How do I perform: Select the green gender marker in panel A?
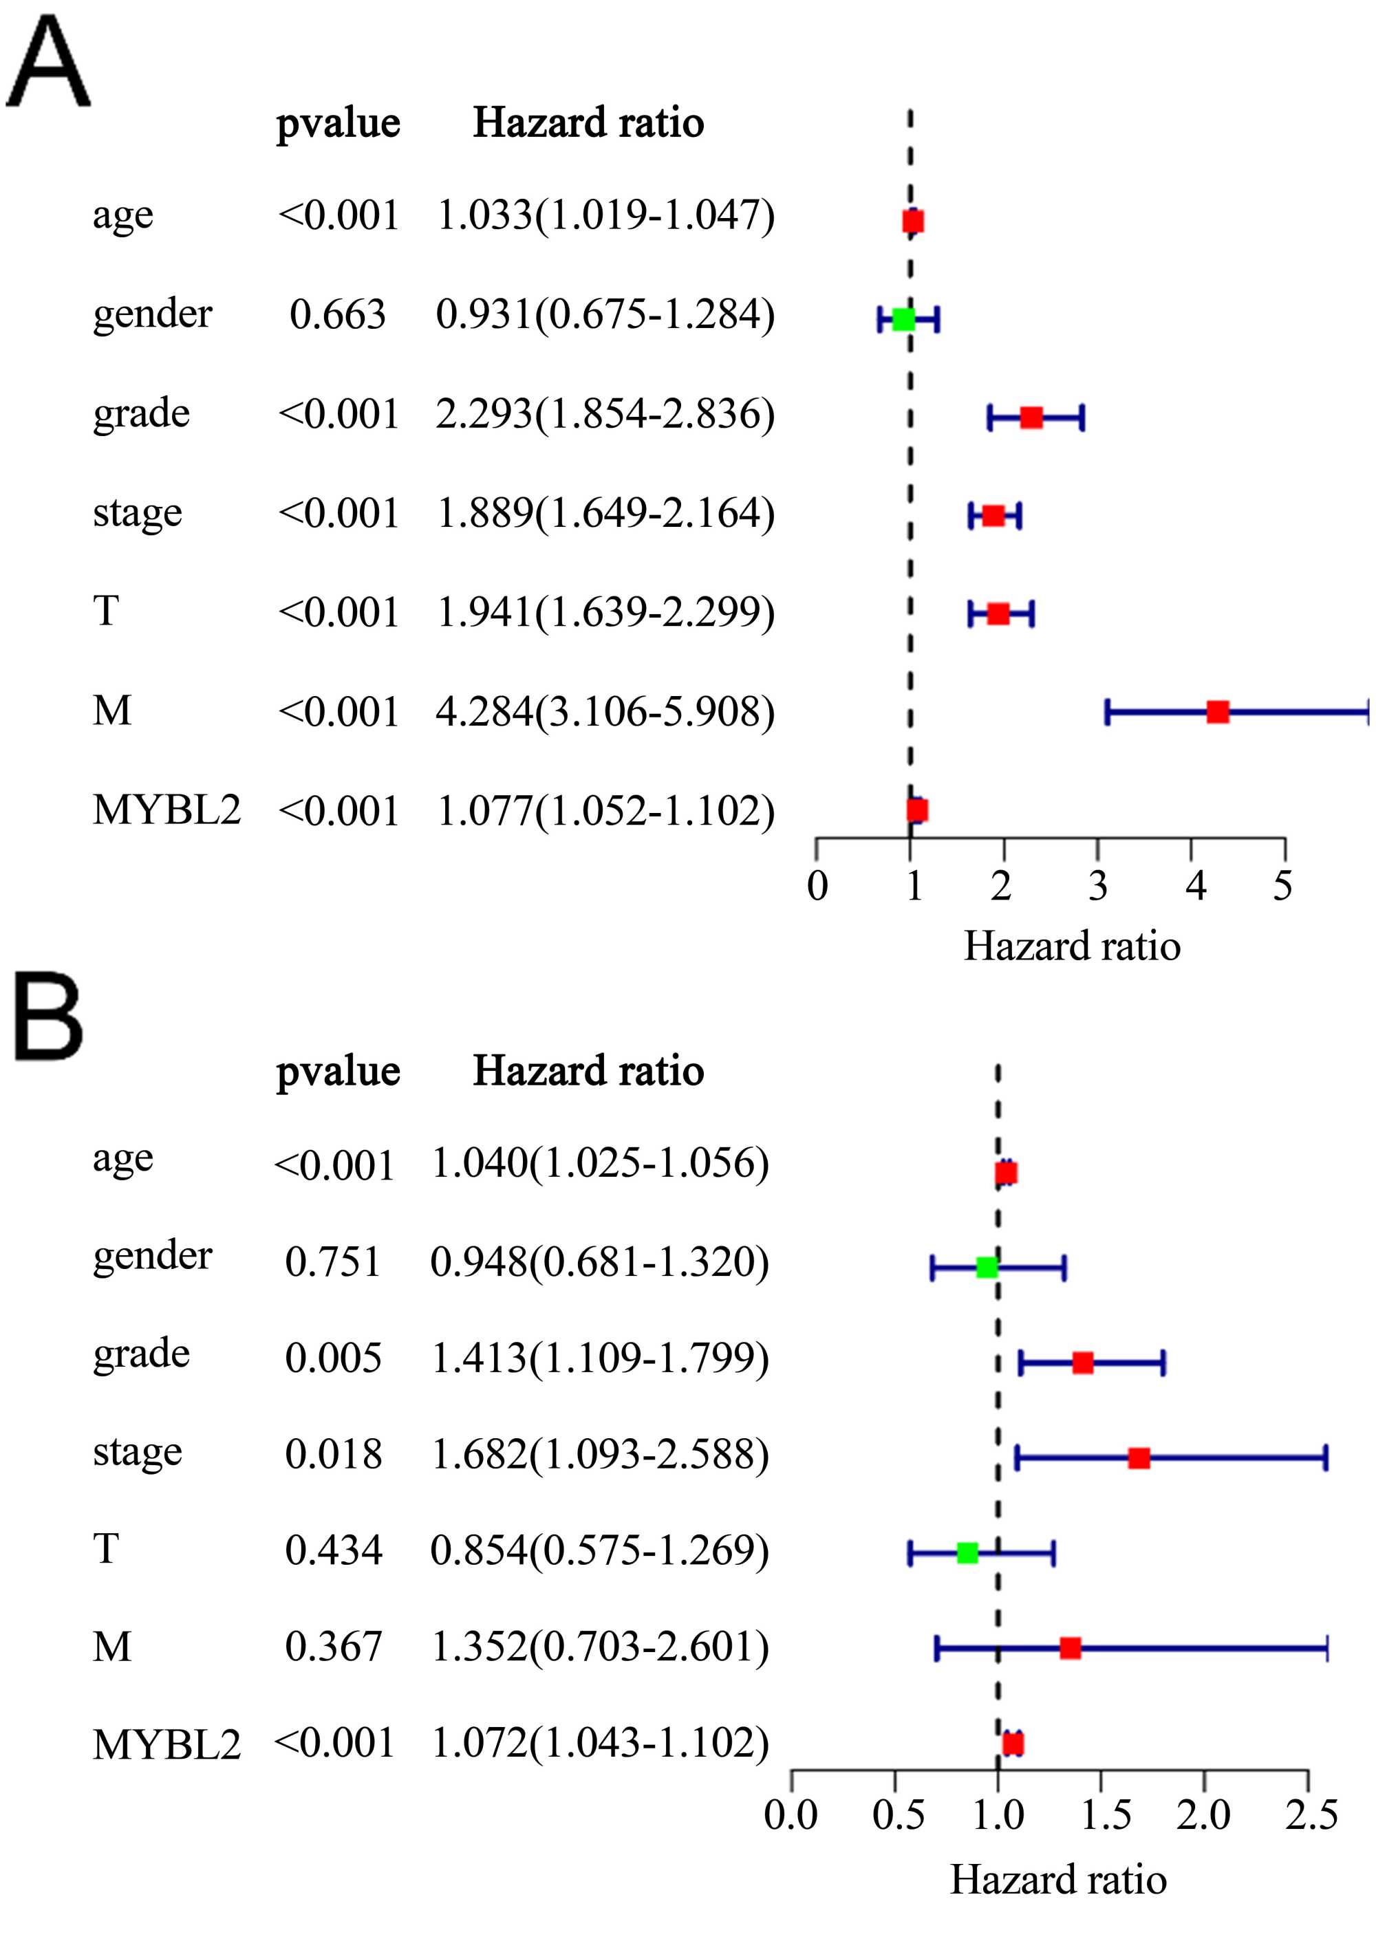[x=903, y=319]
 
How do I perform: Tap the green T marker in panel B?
[x=967, y=1552]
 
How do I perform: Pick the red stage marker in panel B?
[x=1139, y=1458]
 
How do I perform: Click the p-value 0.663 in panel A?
[x=338, y=314]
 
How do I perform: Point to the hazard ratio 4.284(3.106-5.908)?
[x=605, y=711]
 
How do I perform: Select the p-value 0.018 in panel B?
[x=334, y=1454]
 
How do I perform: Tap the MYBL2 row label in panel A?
[x=166, y=810]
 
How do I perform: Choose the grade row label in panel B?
[x=141, y=1354]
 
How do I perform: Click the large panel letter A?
[x=47, y=65]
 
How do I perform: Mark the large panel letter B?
[x=48, y=1018]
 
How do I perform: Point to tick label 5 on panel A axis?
[x=1282, y=886]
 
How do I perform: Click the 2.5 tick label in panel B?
[x=1311, y=1815]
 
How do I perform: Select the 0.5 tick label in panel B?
[x=897, y=1815]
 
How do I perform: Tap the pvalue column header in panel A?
[x=338, y=122]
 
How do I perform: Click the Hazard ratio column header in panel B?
[x=588, y=1070]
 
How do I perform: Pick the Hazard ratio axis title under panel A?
[x=1071, y=946]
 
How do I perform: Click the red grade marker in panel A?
[x=1031, y=417]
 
